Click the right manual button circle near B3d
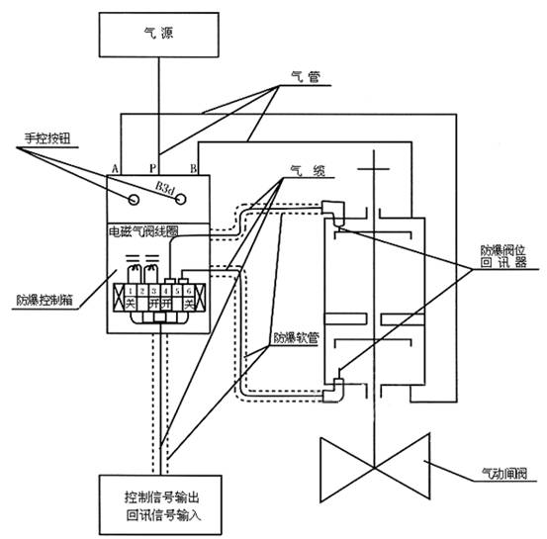point(181,197)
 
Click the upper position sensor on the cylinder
point(330,212)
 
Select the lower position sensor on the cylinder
point(330,389)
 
